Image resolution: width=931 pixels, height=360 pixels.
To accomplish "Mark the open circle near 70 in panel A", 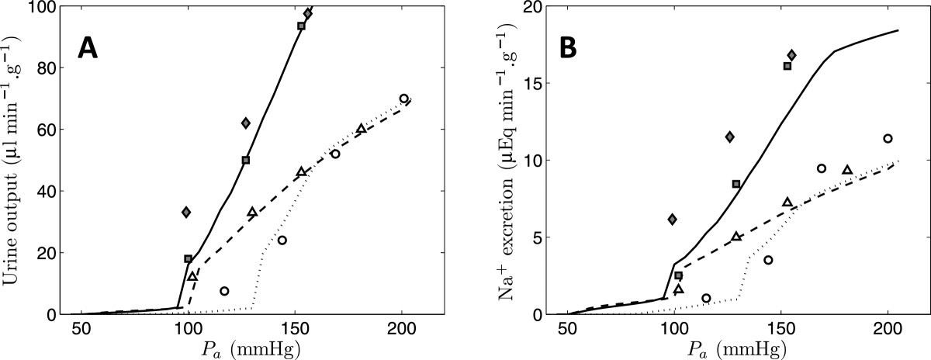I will click(x=403, y=99).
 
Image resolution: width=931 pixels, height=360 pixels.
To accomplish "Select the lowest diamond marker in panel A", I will click(x=186, y=212).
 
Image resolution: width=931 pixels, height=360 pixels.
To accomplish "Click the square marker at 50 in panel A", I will click(x=246, y=160).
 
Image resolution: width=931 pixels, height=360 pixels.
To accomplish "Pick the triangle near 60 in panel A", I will click(x=361, y=129).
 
